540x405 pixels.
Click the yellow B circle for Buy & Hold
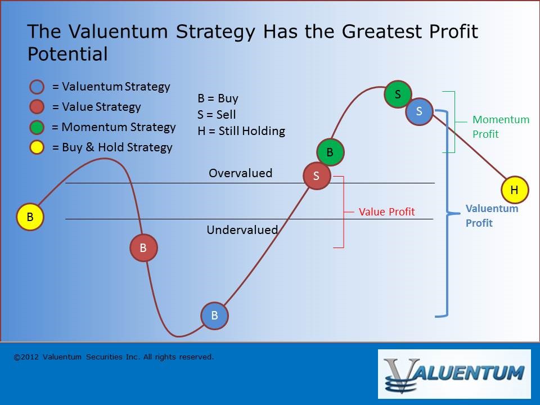click(30, 217)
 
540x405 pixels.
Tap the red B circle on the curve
click(143, 247)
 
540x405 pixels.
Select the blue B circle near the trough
click(214, 316)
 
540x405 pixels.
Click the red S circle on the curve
click(317, 176)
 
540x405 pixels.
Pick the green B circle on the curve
click(330, 152)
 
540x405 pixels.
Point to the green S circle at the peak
click(398, 94)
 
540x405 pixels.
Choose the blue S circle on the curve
click(419, 111)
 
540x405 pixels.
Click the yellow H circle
click(515, 190)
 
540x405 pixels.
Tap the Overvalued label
click(240, 173)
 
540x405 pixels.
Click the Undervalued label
click(242, 229)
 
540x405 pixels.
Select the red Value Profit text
click(387, 212)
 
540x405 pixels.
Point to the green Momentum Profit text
click(501, 127)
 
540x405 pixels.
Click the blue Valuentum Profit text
click(492, 216)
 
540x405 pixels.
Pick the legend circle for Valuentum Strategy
click(37, 87)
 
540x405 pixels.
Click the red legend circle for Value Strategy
click(37, 107)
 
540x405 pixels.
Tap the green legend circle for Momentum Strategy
click(37, 127)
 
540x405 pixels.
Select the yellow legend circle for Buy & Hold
click(37, 147)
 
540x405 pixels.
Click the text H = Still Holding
click(241, 131)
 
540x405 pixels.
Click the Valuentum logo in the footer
click(454, 374)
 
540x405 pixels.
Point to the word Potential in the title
click(67, 54)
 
